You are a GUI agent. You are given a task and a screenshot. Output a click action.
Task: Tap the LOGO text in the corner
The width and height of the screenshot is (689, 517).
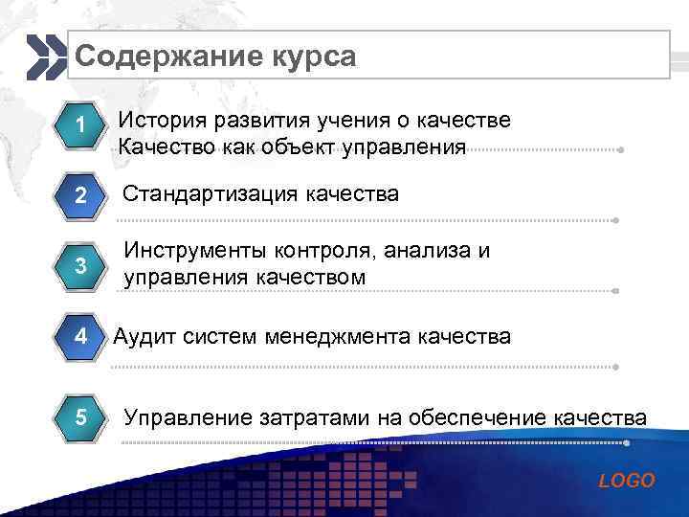[x=627, y=481]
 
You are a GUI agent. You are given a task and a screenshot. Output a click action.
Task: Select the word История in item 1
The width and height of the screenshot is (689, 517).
[x=163, y=122]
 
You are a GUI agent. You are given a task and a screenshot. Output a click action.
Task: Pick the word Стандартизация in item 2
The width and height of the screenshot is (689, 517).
[x=211, y=195]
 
